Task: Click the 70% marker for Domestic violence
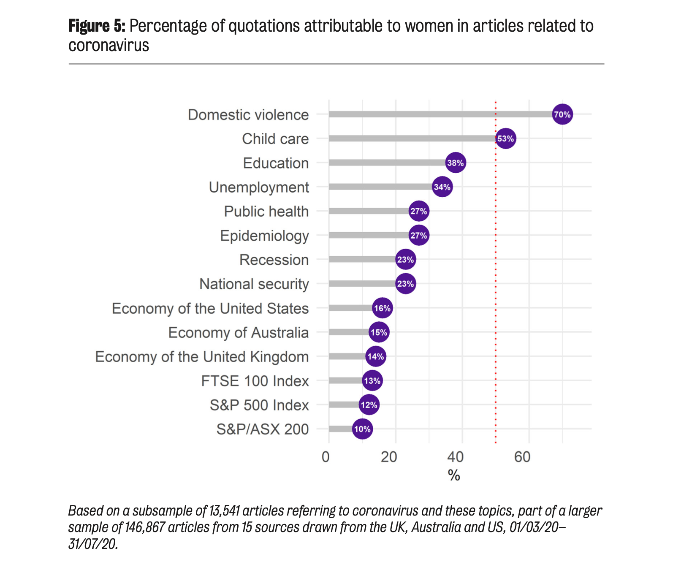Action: pyautogui.click(x=562, y=114)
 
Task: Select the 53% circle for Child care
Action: pyautogui.click(x=505, y=138)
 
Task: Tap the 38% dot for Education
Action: pyautogui.click(x=456, y=163)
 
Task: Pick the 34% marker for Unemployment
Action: pyautogui.click(x=442, y=187)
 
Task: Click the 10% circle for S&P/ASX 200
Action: pyautogui.click(x=362, y=429)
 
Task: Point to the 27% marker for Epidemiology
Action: pyautogui.click(x=419, y=236)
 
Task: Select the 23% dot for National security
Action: pyautogui.click(x=405, y=284)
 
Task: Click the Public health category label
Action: pyautogui.click(x=266, y=212)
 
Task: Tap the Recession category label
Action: pyautogui.click(x=274, y=260)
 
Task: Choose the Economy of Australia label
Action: pyautogui.click(x=238, y=333)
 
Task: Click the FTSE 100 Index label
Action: pyautogui.click(x=255, y=381)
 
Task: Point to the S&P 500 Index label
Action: pyautogui.click(x=259, y=405)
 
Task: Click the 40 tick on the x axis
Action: pyautogui.click(x=455, y=457)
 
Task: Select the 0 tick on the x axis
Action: pyautogui.click(x=326, y=457)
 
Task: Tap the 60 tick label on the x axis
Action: pyautogui.click(x=522, y=457)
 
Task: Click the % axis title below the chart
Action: pyautogui.click(x=454, y=476)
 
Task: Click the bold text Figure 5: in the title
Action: pyautogui.click(x=97, y=26)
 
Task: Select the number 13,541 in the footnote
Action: pyautogui.click(x=224, y=511)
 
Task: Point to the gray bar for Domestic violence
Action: pyautogui.click(x=439, y=114)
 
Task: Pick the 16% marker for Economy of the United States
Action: pyautogui.click(x=382, y=308)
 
